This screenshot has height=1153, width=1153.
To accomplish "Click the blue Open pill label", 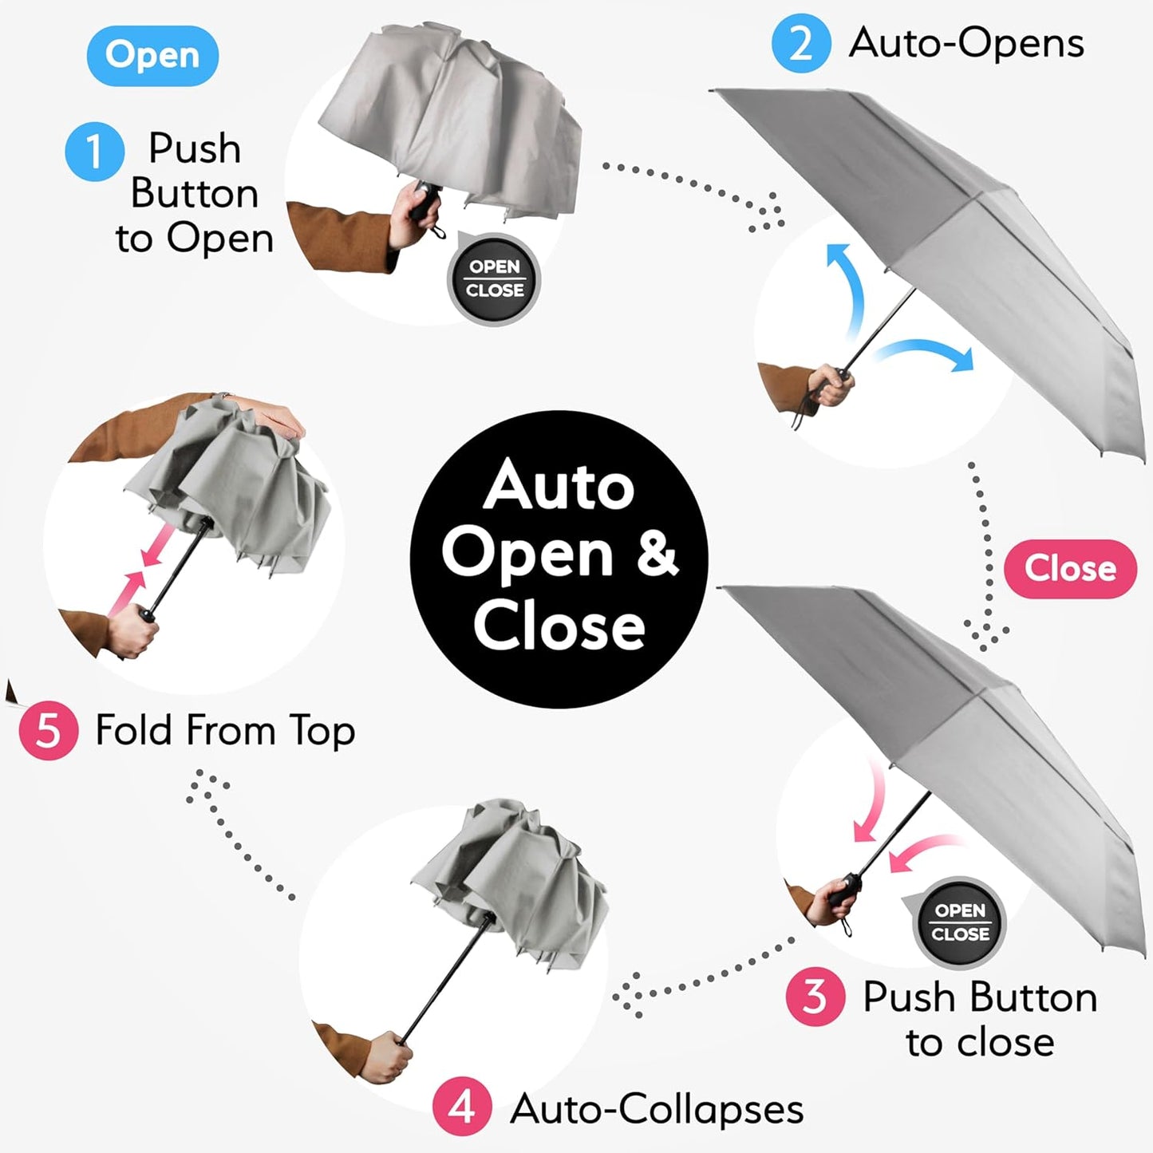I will (x=152, y=56).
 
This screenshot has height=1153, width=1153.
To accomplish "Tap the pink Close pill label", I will (x=1069, y=569).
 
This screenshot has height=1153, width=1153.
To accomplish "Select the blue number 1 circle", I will (x=94, y=151).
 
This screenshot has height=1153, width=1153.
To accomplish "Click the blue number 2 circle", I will (x=800, y=43).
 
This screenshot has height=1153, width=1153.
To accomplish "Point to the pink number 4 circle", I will (x=462, y=1107).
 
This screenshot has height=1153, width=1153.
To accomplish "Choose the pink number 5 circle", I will (x=48, y=730).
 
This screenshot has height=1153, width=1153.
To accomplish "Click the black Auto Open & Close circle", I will (x=559, y=559).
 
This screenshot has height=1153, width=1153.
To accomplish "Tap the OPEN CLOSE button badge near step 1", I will (x=494, y=279).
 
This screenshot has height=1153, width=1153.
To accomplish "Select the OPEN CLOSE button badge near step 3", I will (x=959, y=922).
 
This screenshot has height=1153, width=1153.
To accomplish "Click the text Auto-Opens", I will (x=966, y=43).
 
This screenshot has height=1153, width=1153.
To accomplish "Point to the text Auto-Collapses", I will (x=657, y=1108).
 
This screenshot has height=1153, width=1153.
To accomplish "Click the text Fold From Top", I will (x=225, y=730).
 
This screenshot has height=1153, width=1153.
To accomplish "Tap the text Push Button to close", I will (x=980, y=1019).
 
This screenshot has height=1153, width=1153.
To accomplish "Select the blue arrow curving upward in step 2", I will (x=847, y=287).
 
